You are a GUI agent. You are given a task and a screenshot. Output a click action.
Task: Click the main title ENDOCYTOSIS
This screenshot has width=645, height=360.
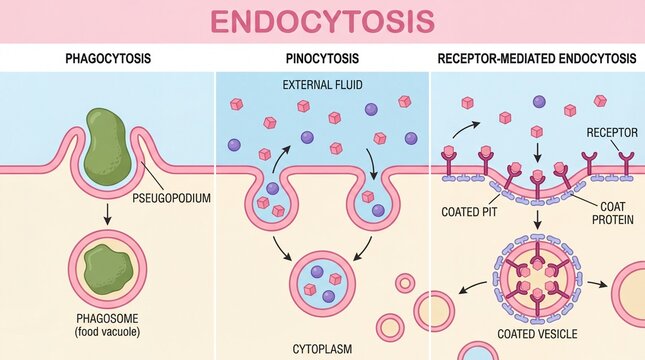point(322,21)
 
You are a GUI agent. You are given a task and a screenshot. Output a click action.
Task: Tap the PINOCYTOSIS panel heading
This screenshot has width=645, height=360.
point(322,59)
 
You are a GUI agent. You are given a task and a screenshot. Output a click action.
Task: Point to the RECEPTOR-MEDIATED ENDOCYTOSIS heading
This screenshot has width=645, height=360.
point(536,59)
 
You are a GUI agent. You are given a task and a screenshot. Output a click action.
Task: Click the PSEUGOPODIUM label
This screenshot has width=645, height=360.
point(171,197)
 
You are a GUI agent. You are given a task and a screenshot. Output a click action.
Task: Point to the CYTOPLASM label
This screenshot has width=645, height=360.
point(322,350)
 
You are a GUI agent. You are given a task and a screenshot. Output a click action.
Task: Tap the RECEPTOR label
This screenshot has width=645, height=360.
point(610,133)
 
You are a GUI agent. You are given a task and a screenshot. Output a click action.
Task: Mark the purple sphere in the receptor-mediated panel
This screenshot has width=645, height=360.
point(539,101)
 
